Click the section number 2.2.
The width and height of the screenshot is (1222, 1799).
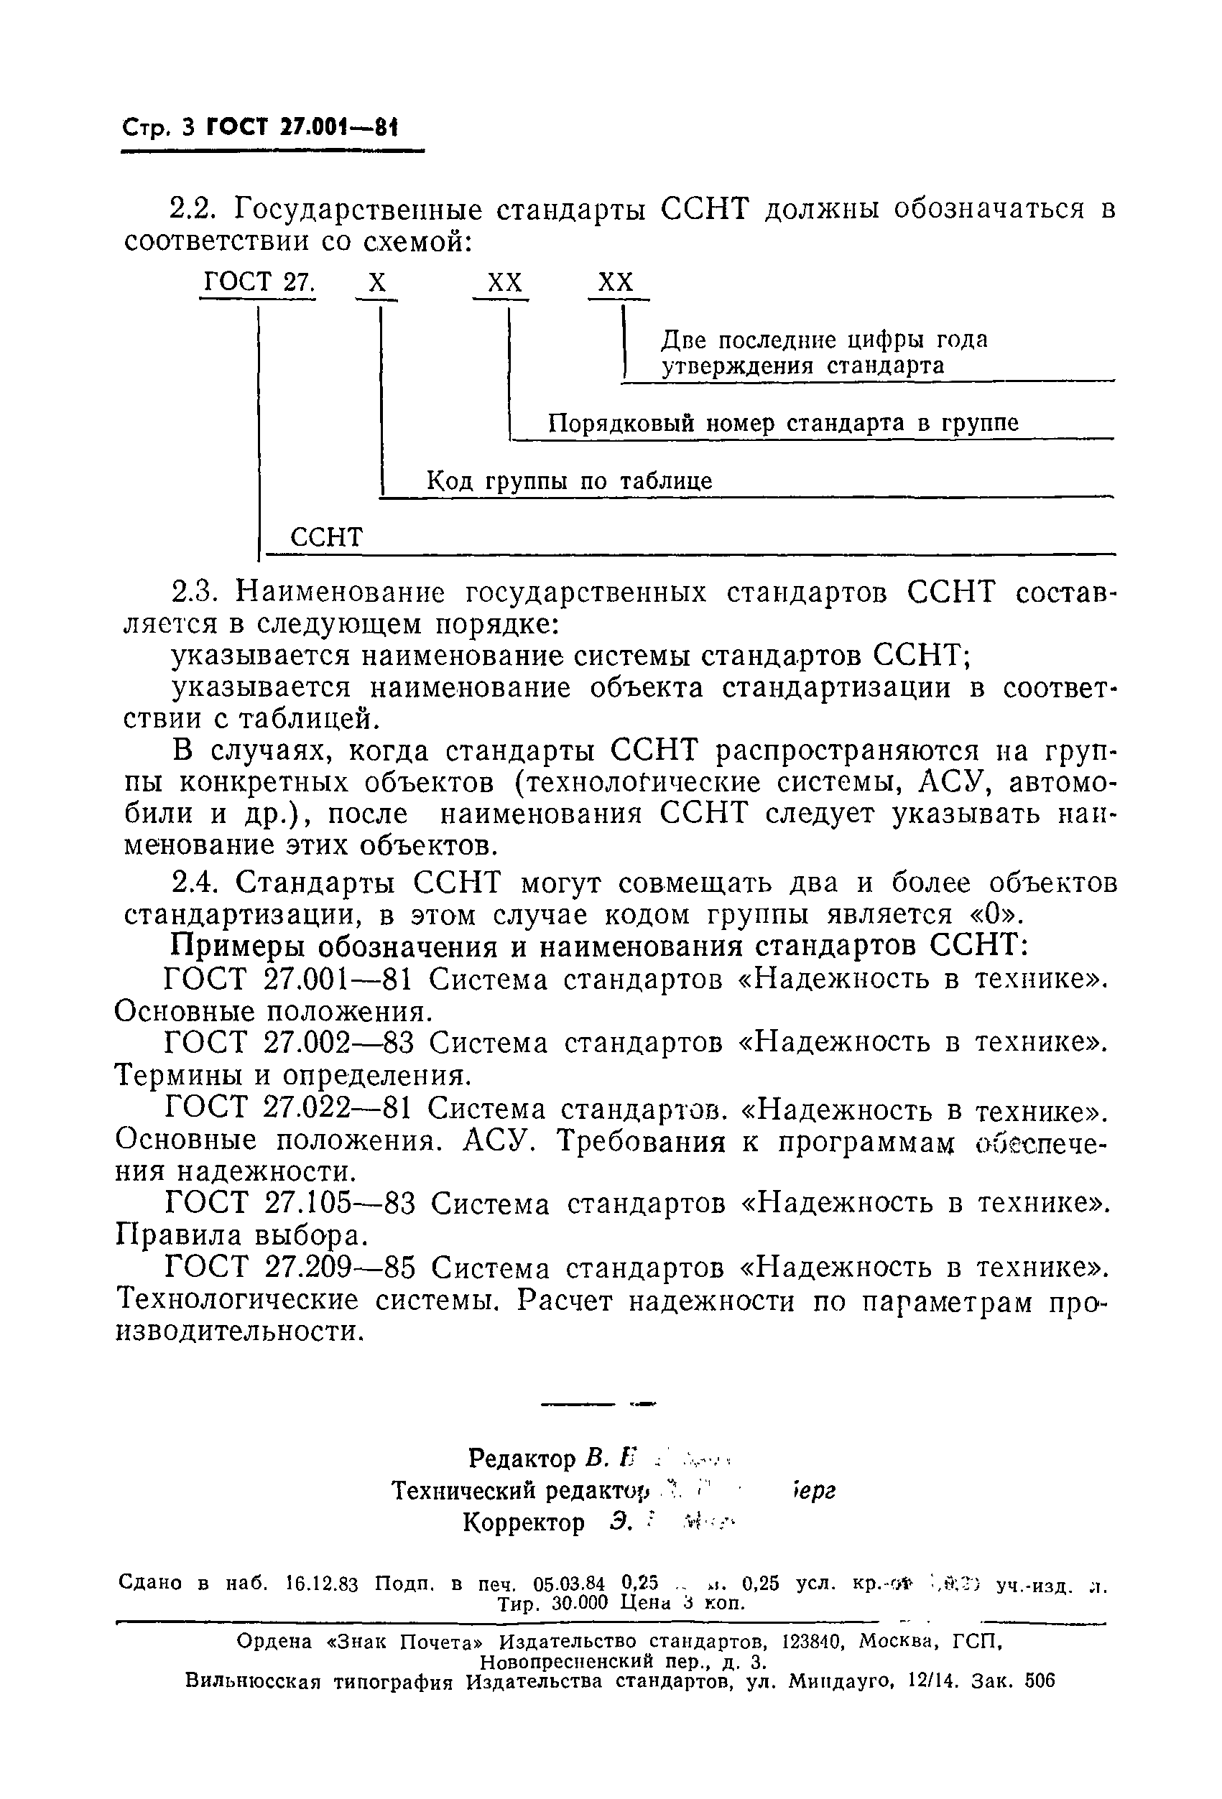(193, 209)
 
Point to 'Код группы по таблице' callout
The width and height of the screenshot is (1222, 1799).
(569, 481)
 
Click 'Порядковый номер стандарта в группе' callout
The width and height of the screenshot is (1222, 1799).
(783, 424)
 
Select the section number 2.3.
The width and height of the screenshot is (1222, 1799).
(193, 592)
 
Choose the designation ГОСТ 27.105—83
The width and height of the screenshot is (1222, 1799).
(291, 1204)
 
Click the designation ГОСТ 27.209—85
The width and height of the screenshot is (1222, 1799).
(291, 1268)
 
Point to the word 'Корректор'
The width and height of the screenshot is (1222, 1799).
(524, 1522)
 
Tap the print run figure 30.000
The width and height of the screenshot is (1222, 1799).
(583, 1602)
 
